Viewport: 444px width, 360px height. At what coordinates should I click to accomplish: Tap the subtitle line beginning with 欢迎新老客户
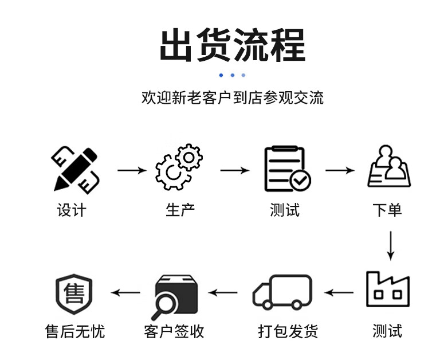click(232, 97)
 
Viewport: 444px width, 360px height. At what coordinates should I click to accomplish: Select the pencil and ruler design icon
click(75, 170)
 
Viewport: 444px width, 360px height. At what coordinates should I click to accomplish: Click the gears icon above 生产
click(179, 167)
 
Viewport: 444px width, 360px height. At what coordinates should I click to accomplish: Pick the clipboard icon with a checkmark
click(286, 169)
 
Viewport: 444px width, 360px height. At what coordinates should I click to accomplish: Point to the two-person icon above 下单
click(389, 167)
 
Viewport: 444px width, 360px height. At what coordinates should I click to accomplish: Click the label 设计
click(72, 210)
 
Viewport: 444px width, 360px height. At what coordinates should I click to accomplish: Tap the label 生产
click(180, 210)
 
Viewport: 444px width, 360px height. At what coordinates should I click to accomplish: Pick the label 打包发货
click(288, 331)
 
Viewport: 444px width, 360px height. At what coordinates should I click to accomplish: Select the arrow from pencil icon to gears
click(132, 170)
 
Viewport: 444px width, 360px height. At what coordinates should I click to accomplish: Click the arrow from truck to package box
click(223, 293)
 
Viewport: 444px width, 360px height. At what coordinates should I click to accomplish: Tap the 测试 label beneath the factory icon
click(387, 331)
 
